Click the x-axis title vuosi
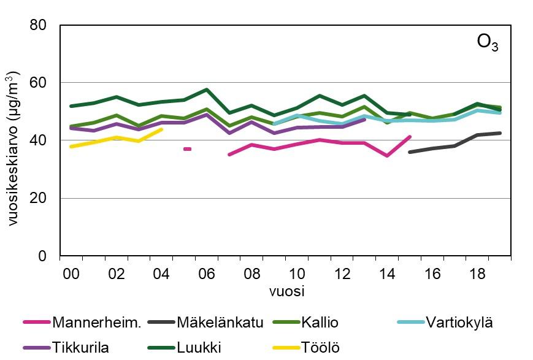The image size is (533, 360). click(286, 291)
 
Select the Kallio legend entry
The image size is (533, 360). click(320, 323)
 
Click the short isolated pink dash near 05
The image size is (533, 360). click(188, 149)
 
